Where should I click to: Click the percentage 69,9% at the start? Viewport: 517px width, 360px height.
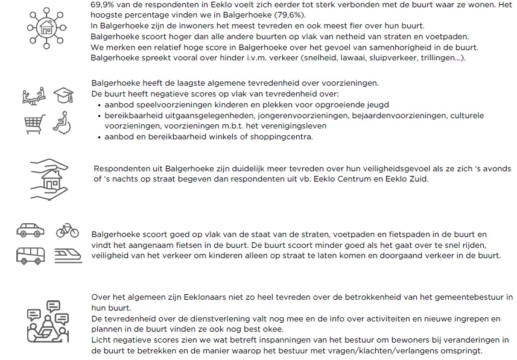coord(102,4)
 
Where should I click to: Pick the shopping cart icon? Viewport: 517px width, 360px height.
coord(34,122)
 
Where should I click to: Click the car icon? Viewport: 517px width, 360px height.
coord(29,230)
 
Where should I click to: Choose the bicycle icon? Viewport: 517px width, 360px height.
coord(66,230)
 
